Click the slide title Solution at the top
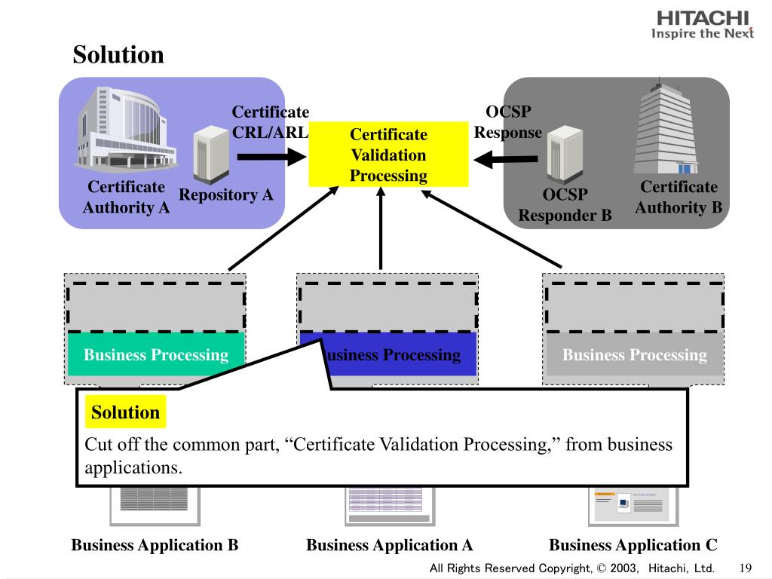[x=118, y=55]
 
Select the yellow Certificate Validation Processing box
[x=388, y=155]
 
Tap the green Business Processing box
[x=156, y=354]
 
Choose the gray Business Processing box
[x=635, y=354]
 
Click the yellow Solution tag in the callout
[x=125, y=412]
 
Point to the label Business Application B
[x=155, y=545]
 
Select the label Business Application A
[x=389, y=545]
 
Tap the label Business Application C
[x=633, y=545]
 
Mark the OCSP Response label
[x=508, y=122]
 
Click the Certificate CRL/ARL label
[x=270, y=122]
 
